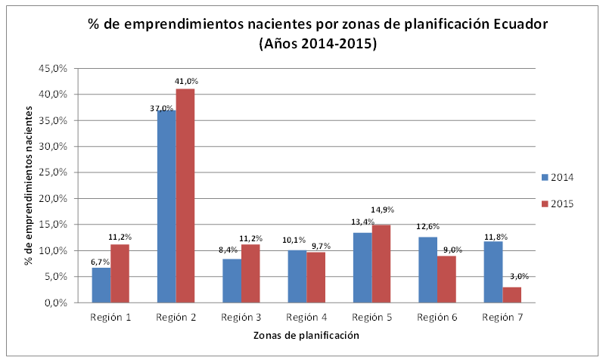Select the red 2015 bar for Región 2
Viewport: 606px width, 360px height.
tap(185, 196)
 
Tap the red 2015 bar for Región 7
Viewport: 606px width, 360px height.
tap(511, 294)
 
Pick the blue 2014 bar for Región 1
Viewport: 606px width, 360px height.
tap(101, 285)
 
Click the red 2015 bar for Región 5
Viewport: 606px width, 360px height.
tap(381, 264)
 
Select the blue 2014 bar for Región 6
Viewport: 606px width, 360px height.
tap(427, 270)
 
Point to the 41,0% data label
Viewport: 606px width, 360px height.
tap(186, 81)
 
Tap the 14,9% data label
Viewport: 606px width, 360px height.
tap(382, 209)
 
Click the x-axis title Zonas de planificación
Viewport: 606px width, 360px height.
tap(306, 334)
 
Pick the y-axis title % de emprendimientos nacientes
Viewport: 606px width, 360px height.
tap(30, 185)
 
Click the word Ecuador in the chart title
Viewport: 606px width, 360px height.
tap(514, 23)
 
